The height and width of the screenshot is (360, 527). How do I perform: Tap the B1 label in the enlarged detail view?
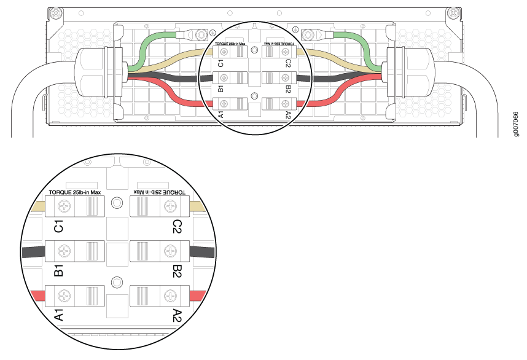coord(59,270)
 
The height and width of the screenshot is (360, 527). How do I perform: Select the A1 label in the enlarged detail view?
coord(59,315)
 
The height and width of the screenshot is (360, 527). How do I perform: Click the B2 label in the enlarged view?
coord(178,270)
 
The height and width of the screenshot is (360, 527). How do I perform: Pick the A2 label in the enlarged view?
coord(178,315)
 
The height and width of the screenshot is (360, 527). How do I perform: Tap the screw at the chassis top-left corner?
coord(57,12)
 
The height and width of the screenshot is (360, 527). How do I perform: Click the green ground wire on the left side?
coord(147,47)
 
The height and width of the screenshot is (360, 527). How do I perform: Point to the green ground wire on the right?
coord(362,47)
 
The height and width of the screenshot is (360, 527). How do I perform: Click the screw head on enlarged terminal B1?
coord(64,251)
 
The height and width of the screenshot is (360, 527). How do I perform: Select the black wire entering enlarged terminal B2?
coord(203,251)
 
